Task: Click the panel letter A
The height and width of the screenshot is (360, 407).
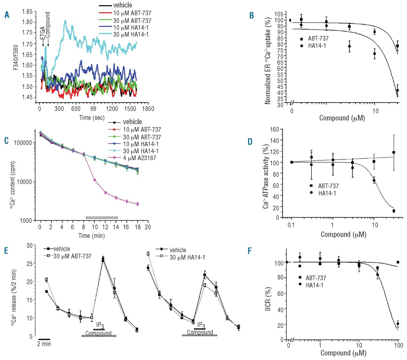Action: (x=7, y=15)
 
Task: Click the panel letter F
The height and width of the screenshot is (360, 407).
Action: (x=250, y=251)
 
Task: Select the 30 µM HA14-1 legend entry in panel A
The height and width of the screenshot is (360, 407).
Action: (x=131, y=34)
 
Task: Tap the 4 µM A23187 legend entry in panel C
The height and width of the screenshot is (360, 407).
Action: (x=139, y=158)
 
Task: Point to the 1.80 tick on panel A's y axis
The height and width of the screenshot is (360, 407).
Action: (x=27, y=22)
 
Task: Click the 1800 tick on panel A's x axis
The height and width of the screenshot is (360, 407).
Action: (x=148, y=109)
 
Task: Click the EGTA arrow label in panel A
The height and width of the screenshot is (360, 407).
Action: (x=43, y=33)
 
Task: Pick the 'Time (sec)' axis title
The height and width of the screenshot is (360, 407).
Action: (x=92, y=118)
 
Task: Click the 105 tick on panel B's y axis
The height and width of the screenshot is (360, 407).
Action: (x=279, y=15)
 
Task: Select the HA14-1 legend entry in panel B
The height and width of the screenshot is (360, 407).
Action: (x=317, y=46)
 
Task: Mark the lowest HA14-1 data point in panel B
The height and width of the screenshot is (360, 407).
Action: (x=397, y=91)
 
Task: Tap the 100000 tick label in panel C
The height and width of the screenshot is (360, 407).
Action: (x=23, y=143)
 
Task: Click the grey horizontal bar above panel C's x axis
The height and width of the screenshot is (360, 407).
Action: (x=102, y=218)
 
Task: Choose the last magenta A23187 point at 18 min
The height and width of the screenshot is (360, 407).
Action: (x=138, y=204)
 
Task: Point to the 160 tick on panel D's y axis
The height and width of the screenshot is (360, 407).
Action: (x=274, y=129)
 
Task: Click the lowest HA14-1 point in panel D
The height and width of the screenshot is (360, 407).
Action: (x=394, y=211)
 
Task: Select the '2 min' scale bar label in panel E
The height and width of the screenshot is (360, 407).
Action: (x=44, y=344)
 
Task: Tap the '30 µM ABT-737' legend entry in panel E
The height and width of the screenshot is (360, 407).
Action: (x=72, y=256)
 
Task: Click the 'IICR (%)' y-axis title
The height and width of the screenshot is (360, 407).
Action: (x=268, y=299)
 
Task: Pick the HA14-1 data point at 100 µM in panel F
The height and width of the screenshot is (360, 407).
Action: (x=398, y=324)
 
